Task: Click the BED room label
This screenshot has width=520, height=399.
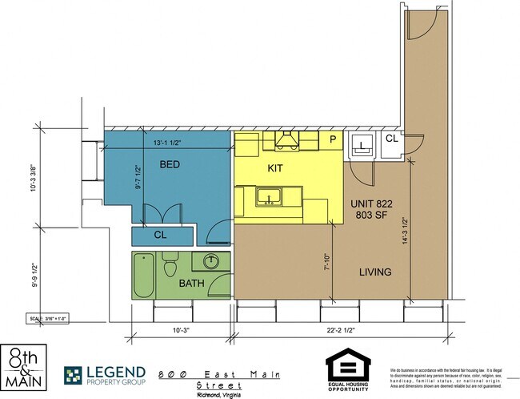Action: coord(169,164)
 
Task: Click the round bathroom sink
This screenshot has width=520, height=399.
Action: coord(212,262)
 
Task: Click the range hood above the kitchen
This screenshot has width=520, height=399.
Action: coord(288,142)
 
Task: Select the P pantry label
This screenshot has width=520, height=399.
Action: coord(334,139)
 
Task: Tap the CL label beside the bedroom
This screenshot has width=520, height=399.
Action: coord(160,235)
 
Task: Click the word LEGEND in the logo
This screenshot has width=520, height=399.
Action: coord(115,371)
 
